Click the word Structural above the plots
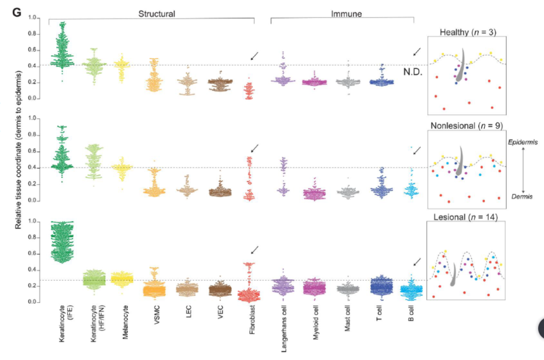(157, 14)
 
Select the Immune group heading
(347, 14)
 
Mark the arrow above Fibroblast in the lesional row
(254, 250)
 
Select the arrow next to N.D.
(417, 52)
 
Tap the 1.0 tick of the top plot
(32, 18)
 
